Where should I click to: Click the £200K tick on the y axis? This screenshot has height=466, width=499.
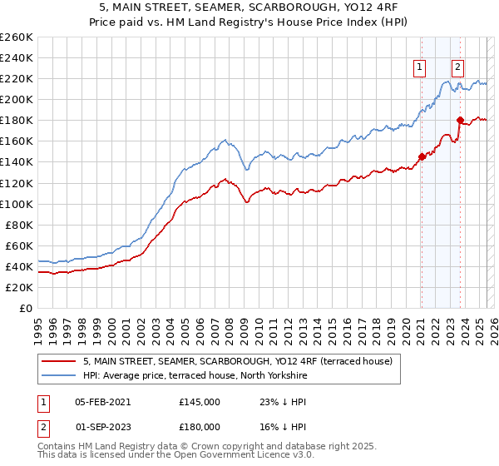(x=16, y=99)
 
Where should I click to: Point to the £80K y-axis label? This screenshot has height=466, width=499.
(x=18, y=225)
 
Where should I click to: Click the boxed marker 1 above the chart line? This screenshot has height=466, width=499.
(x=420, y=68)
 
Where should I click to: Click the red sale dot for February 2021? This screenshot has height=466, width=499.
(x=422, y=156)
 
